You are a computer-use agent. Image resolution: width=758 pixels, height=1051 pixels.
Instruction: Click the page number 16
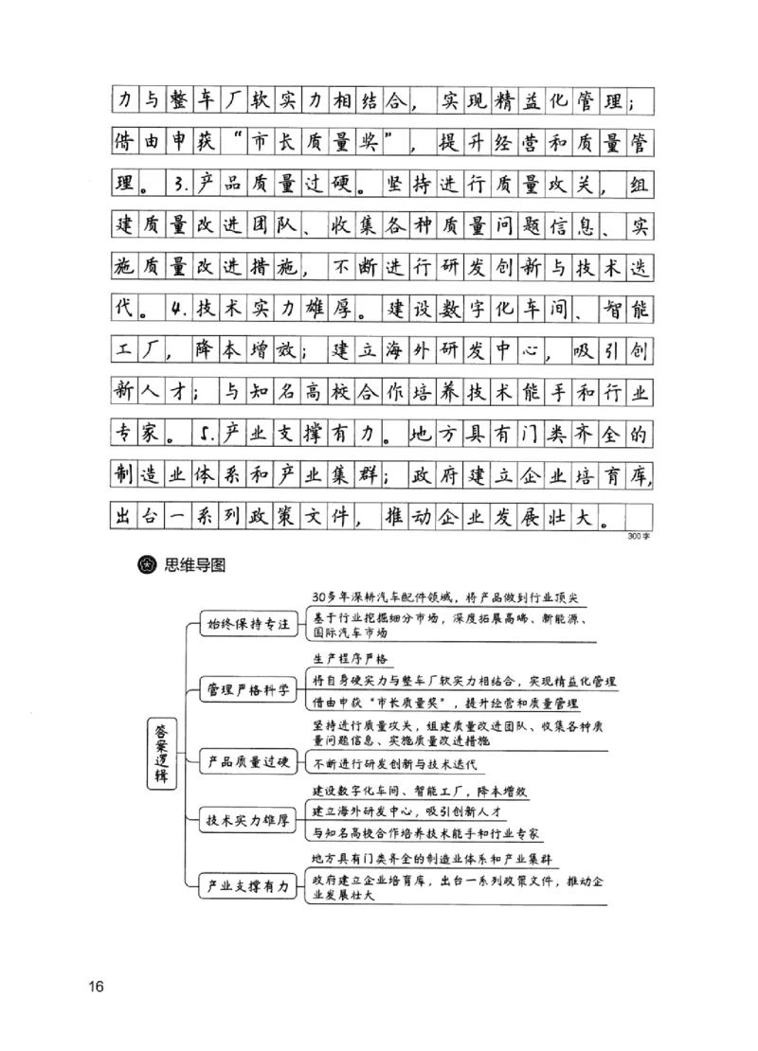95,987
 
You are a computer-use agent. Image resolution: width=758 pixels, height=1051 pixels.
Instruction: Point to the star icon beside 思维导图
148,566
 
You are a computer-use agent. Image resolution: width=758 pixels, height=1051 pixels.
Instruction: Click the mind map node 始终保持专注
248,626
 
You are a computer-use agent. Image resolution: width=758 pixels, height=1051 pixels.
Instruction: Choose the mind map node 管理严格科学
248,689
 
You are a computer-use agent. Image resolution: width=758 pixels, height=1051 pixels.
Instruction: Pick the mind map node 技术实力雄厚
248,821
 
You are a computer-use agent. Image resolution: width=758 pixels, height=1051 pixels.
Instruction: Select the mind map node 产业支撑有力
248,887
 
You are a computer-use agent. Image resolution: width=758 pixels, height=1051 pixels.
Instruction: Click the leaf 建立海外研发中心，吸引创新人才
410,813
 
